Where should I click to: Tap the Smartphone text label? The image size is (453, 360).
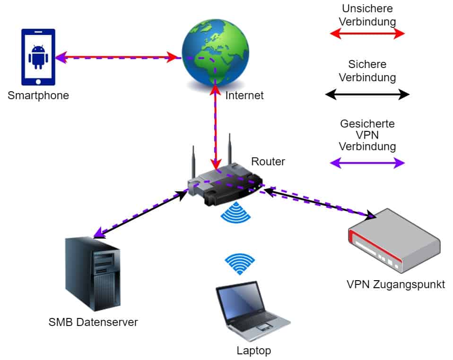[38, 96]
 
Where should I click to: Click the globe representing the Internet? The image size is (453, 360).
[215, 52]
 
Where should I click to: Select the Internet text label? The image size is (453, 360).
[244, 96]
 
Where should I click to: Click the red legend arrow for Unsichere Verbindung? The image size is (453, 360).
[367, 33]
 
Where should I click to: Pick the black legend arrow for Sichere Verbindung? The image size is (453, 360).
[367, 94]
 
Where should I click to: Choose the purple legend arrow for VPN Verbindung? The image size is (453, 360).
[367, 163]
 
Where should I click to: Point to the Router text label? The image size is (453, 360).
[268, 162]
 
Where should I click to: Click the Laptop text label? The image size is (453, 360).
[253, 351]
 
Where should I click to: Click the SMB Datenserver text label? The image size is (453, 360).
[93, 323]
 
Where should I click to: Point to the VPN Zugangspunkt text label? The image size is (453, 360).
[395, 285]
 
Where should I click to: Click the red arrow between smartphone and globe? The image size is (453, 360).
[118, 58]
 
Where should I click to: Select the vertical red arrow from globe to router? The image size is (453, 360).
[215, 128]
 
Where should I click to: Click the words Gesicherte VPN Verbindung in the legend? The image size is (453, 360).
[367, 135]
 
